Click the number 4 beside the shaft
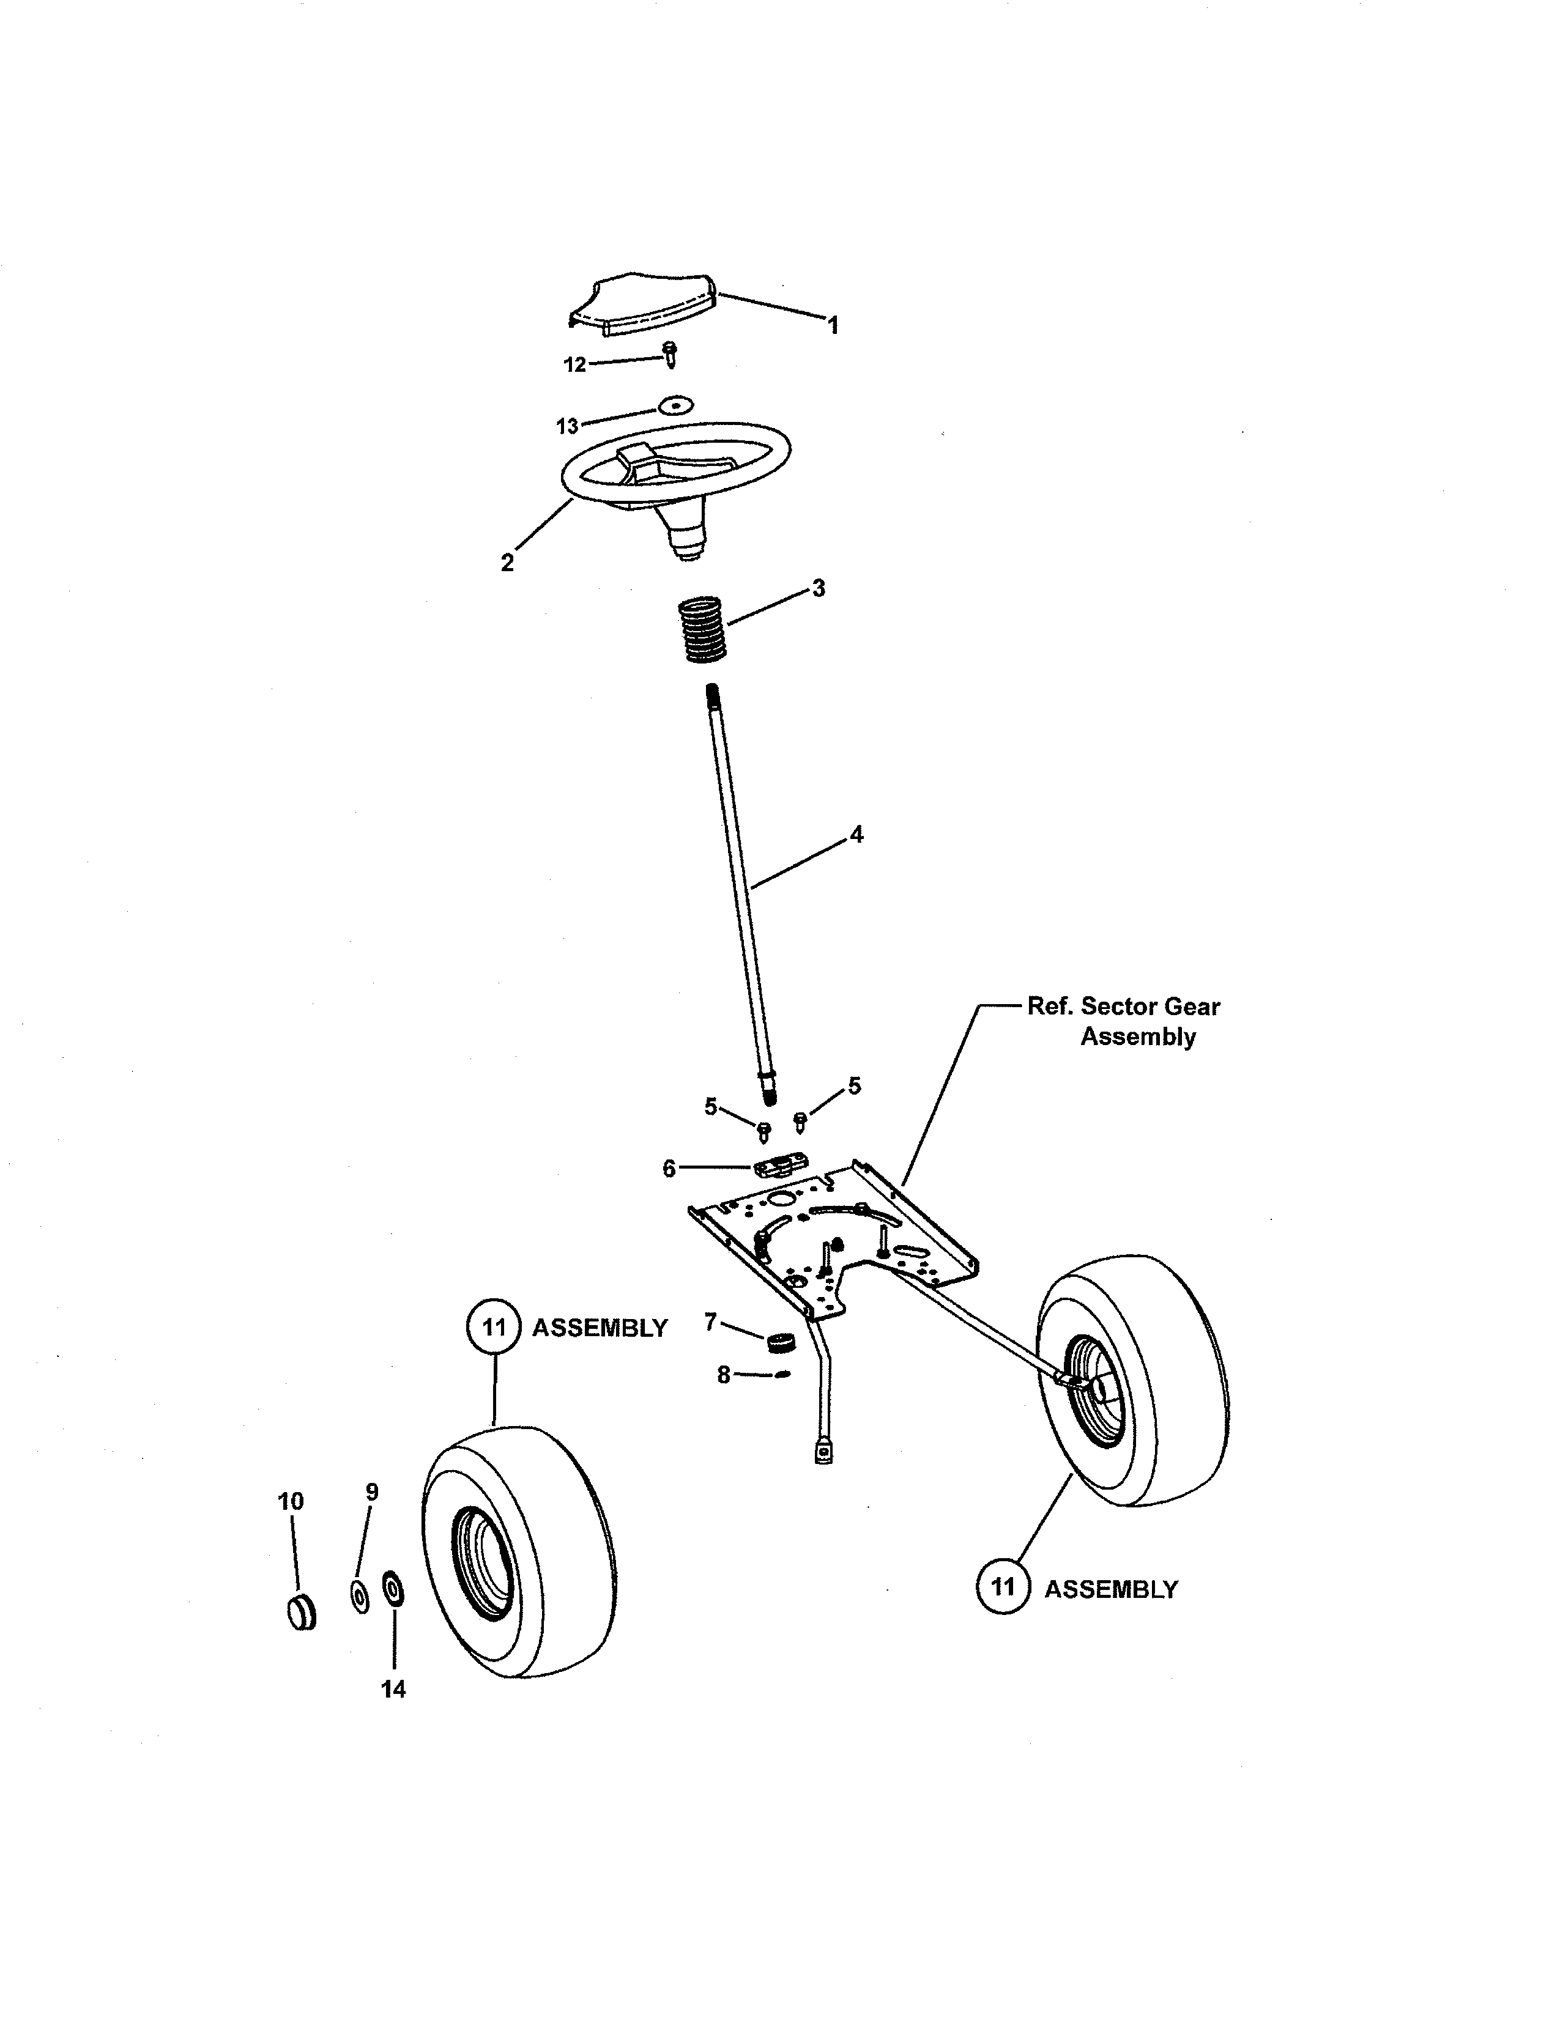click(856, 834)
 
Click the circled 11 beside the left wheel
click(494, 1328)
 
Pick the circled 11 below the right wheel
click(1003, 1587)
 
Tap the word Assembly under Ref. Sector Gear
click(1138, 1037)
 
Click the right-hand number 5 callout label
click(854, 1085)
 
